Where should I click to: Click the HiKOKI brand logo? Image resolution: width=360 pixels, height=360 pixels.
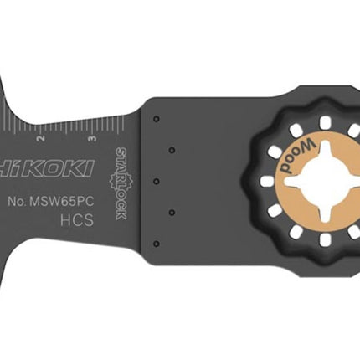click(46, 168)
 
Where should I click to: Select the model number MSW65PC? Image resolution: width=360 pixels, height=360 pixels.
click(61, 202)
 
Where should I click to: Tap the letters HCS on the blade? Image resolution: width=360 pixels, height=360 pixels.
click(77, 220)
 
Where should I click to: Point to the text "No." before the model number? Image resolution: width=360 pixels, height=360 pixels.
click(17, 202)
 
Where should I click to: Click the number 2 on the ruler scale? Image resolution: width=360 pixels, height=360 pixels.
click(42, 138)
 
